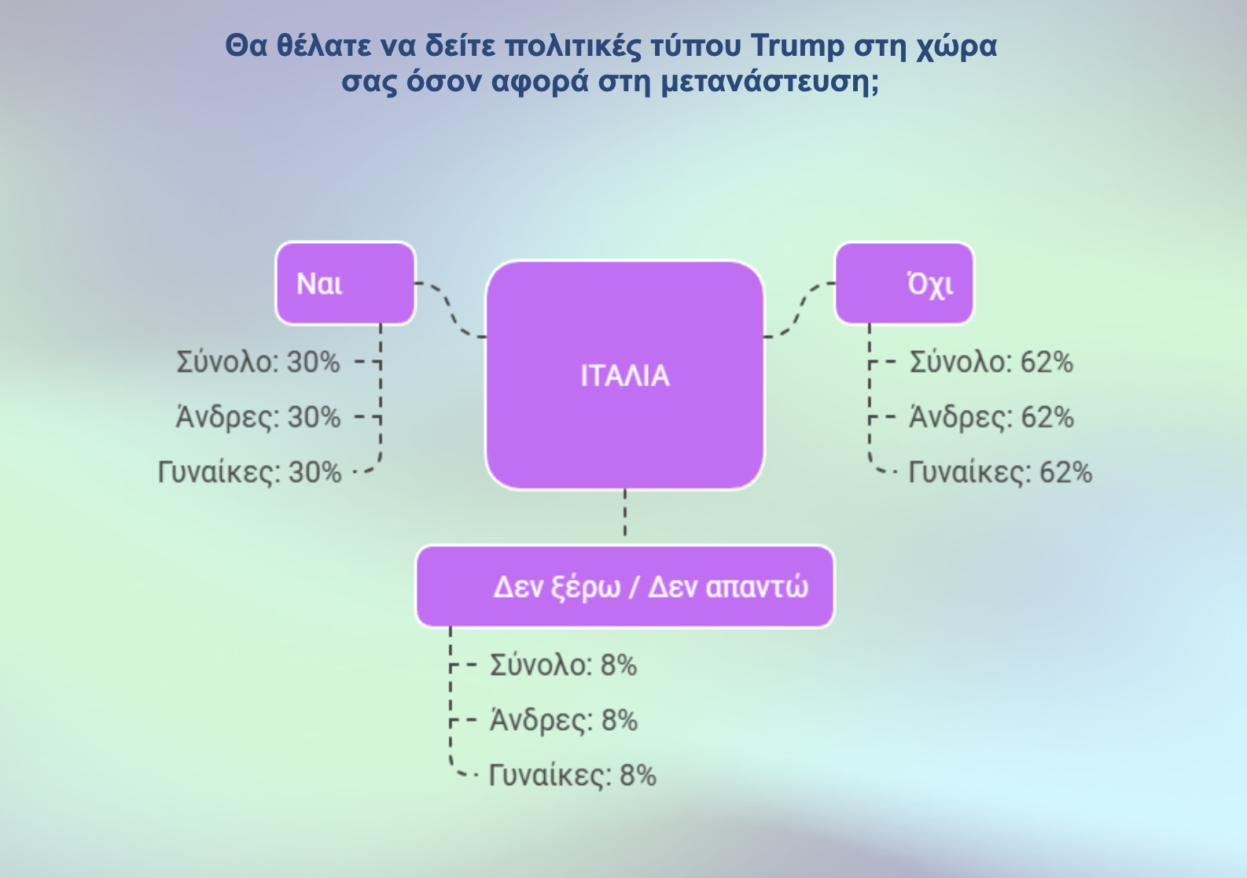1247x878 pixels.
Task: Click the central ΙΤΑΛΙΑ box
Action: pyautogui.click(x=624, y=375)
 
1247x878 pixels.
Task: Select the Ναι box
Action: pyautogui.click(x=346, y=283)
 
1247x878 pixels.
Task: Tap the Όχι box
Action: pyautogui.click(x=905, y=283)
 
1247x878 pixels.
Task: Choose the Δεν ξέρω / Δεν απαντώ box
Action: pyautogui.click(x=625, y=586)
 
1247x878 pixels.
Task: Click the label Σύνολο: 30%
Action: pyautogui.click(x=258, y=362)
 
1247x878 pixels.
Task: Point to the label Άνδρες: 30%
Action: pyautogui.click(x=258, y=417)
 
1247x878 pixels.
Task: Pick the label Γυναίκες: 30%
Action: pyautogui.click(x=249, y=472)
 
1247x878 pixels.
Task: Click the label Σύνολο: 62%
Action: pyautogui.click(x=991, y=362)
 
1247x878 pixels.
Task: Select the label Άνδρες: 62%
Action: pyautogui.click(x=991, y=417)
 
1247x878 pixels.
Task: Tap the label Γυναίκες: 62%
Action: pyautogui.click(x=1000, y=472)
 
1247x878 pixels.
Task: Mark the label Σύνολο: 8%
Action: pyautogui.click(x=564, y=665)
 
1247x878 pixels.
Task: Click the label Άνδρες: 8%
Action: pyautogui.click(x=564, y=720)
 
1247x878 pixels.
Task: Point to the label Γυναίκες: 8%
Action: pyautogui.click(x=573, y=776)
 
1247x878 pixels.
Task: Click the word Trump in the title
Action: pyautogui.click(x=797, y=46)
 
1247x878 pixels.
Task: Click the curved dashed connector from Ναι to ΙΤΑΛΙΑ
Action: pyautogui.click(x=451, y=310)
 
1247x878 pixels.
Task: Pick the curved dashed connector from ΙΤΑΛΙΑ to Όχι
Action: pyautogui.click(x=800, y=310)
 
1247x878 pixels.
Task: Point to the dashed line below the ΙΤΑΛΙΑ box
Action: pyautogui.click(x=625, y=512)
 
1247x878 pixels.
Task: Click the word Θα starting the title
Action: pyautogui.click(x=246, y=46)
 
